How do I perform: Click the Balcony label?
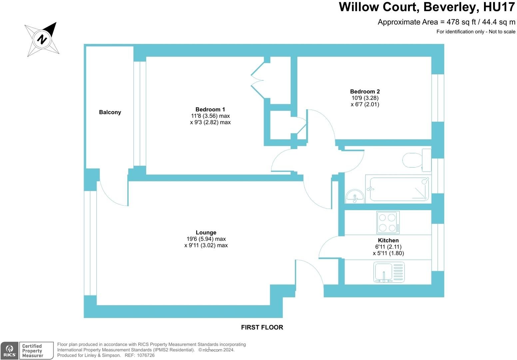(110, 112)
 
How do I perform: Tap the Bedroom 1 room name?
(210, 109)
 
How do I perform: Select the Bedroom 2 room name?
(365, 91)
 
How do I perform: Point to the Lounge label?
(206, 233)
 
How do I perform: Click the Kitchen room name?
(388, 240)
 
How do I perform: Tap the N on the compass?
(42, 39)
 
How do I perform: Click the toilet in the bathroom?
(417, 160)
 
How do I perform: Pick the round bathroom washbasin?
(355, 197)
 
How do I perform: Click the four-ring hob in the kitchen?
(388, 222)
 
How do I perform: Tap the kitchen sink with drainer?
(389, 272)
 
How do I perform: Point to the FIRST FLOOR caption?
(262, 327)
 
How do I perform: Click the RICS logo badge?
(9, 351)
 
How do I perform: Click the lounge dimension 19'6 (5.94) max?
(206, 239)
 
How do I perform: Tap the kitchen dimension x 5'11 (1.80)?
(388, 253)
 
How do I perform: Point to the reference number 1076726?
(146, 355)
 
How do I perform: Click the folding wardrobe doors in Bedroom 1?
(258, 80)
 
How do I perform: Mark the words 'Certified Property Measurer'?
(33, 351)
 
